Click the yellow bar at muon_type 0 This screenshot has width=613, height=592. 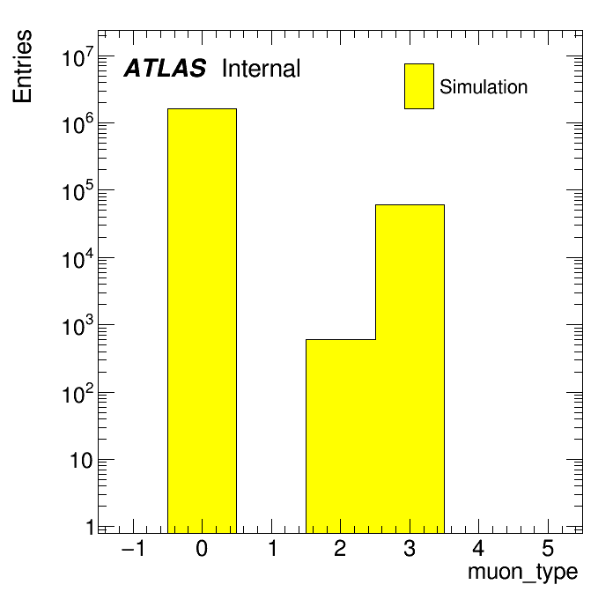202,321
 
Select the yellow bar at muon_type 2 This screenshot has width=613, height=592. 341,436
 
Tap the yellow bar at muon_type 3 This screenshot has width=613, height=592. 410,369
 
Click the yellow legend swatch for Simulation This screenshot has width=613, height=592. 419,86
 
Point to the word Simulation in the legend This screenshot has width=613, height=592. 484,86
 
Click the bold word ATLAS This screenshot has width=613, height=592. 165,68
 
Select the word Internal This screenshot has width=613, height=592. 262,68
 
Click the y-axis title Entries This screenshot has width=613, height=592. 22,66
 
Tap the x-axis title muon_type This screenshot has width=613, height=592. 522,572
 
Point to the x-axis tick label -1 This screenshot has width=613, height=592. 134,548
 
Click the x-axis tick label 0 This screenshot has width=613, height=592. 202,548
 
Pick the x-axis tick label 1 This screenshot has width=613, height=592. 273,548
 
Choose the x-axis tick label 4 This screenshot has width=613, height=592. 478,548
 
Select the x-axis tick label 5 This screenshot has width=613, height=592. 548,548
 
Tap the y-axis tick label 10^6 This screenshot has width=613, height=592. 78,124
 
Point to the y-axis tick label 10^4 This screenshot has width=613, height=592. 78,259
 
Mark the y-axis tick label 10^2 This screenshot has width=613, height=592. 78,394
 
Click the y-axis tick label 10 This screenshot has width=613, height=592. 81,461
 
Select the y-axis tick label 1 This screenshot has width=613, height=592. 91,528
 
